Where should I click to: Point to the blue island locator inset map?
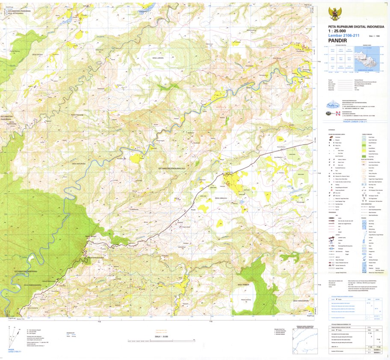[x=367, y=59]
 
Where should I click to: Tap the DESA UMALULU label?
[x=223, y=198]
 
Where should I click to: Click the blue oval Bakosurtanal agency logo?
[x=332, y=104]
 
